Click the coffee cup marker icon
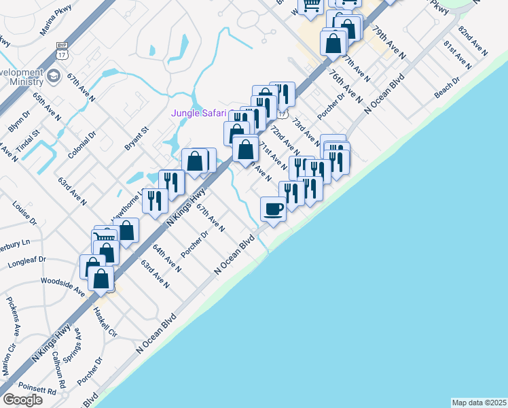tap(274, 209)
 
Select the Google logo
tap(22, 400)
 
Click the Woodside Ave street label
tap(62, 285)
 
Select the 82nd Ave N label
tap(474, 41)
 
